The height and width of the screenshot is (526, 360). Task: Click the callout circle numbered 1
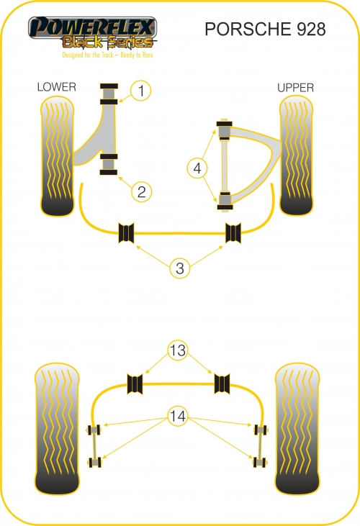point(141,91)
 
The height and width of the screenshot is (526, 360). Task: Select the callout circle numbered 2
point(141,191)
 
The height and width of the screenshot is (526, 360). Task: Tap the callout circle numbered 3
point(180,268)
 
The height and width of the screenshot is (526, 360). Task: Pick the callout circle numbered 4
point(197,168)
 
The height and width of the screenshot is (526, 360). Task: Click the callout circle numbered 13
point(178,350)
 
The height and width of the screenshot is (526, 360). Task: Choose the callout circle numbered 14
point(178,417)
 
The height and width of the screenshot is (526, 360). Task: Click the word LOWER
point(57,87)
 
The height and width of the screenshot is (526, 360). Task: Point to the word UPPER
point(296,88)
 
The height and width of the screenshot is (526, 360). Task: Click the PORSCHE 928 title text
point(265,30)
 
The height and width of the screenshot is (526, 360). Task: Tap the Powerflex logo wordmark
point(92,27)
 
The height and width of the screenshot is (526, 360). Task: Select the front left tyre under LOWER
point(57,156)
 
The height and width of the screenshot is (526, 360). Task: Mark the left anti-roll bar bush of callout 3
point(127,232)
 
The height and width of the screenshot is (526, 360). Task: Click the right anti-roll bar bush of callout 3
point(233,232)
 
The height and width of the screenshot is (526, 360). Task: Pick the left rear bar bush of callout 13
point(135,384)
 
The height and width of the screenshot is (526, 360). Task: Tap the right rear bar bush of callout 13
point(222,384)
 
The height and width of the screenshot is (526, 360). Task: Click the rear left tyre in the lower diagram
point(57,429)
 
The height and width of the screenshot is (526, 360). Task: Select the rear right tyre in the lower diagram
point(297,429)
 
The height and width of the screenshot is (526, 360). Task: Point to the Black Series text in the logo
point(107,42)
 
